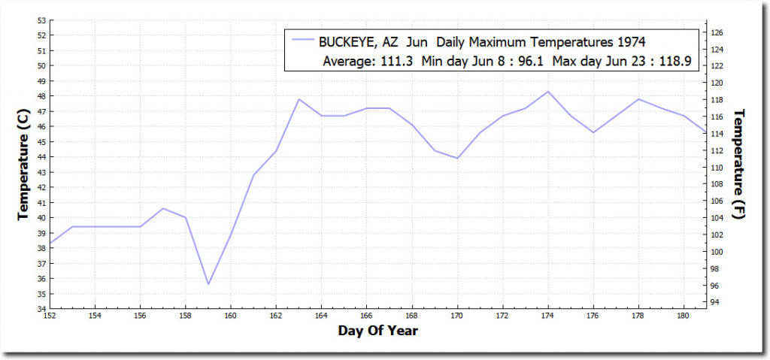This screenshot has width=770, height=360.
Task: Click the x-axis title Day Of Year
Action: click(x=377, y=331)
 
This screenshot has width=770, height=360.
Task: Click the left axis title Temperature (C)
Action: click(x=23, y=162)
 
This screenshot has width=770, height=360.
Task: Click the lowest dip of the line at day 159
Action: click(x=208, y=284)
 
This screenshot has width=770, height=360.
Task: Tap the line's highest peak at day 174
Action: click(x=548, y=92)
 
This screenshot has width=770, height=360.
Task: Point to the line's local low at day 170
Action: click(x=457, y=158)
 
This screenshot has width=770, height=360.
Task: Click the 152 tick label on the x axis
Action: click(x=50, y=316)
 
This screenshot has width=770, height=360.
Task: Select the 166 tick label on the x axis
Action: click(x=366, y=316)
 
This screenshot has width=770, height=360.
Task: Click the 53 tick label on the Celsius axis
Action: click(x=42, y=20)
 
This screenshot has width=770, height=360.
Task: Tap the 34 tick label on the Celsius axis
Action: click(x=42, y=309)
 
